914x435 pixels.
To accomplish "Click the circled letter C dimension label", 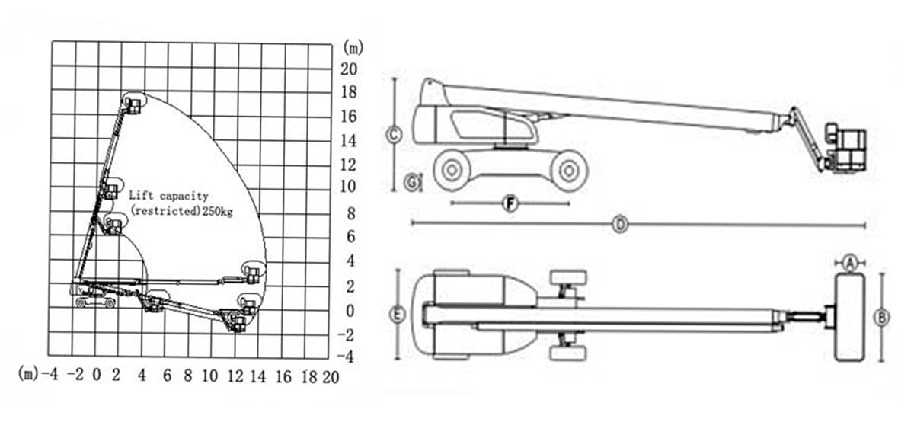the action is [394, 134].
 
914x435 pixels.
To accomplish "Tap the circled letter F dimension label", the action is [511, 203].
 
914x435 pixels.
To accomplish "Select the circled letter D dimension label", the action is [620, 225].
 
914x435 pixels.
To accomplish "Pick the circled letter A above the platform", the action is [850, 263].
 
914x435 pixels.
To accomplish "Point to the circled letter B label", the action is [882, 318].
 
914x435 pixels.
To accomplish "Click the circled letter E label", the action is [398, 315].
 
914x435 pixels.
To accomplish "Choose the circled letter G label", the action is [413, 182].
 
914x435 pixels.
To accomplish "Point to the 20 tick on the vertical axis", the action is [349, 69].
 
